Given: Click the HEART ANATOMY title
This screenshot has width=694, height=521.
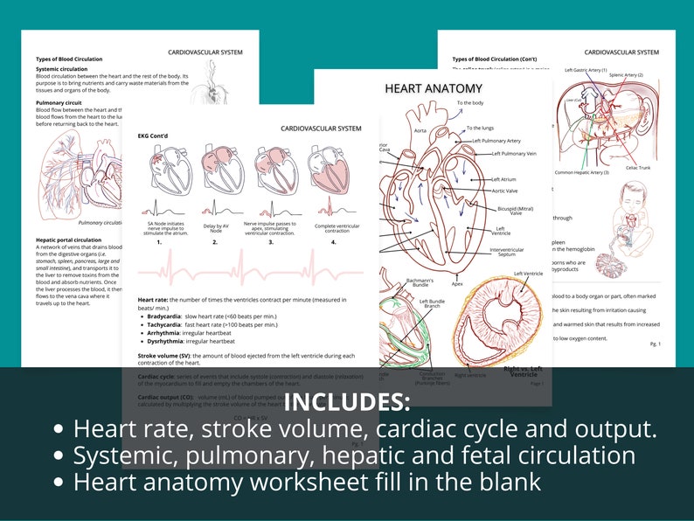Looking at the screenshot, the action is click(x=434, y=88).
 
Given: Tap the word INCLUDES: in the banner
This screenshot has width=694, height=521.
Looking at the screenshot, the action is click(x=347, y=403).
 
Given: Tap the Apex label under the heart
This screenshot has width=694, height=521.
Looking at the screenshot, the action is click(x=457, y=283).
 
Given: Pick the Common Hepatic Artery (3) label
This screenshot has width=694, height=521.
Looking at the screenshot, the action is click(x=582, y=172).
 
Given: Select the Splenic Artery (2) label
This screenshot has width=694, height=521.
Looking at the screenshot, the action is click(x=626, y=75).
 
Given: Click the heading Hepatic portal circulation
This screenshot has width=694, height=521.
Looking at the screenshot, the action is click(x=69, y=240).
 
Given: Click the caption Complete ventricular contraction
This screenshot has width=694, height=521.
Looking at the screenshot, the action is click(x=337, y=230).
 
